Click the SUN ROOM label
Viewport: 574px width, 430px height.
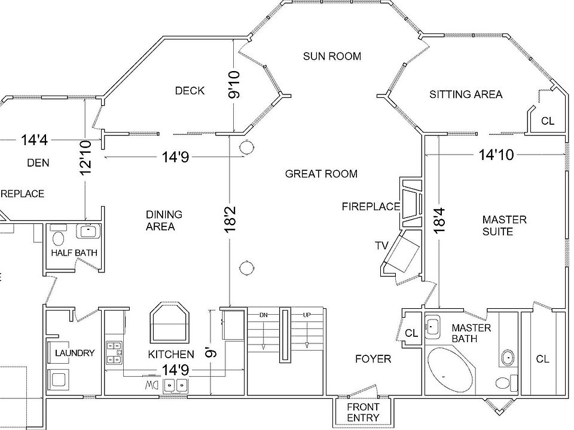point(332,56)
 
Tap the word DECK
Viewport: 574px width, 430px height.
point(190,91)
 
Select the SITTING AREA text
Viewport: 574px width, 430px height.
point(466,94)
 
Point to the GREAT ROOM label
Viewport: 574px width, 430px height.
point(321,174)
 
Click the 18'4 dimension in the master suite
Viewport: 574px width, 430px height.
point(439,220)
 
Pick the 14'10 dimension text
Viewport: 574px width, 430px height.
point(496,155)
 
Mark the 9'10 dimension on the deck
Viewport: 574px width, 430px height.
point(234,85)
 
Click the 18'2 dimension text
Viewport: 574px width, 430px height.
point(230,219)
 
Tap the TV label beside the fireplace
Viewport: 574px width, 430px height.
point(381,245)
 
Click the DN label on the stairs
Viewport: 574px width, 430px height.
point(262,314)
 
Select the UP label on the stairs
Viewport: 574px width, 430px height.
point(306,314)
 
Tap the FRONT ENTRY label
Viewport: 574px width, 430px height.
point(363,412)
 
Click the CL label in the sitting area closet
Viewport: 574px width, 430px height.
point(547,121)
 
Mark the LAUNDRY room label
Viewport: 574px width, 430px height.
point(75,353)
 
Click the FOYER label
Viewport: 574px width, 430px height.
point(373,359)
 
